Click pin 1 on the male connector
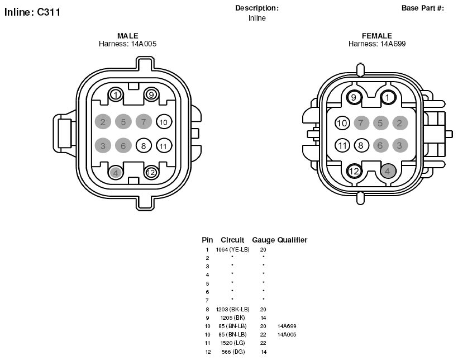116,95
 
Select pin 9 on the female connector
354,97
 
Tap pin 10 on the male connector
164,122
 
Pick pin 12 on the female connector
354,171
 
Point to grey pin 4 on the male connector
116,173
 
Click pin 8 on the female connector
361,145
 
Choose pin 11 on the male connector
164,146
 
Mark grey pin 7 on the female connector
361,123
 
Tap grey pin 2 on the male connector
103,122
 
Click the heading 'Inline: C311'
32,12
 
